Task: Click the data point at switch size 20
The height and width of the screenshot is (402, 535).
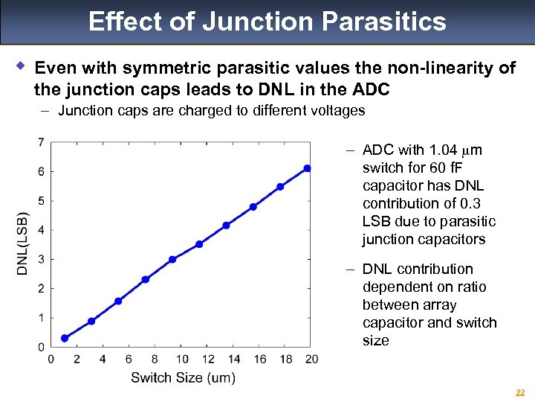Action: coord(307,168)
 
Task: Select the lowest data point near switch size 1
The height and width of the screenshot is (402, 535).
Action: coord(65,338)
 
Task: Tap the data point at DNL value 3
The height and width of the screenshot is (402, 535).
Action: coord(172,259)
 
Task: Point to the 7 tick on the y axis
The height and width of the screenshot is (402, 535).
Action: coord(40,141)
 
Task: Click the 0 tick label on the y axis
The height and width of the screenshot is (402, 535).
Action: coord(40,347)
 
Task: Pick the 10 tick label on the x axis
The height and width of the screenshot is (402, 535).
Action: coord(182,360)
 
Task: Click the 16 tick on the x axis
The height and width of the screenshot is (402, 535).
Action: coord(260,360)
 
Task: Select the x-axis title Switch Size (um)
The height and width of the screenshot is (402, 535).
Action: coord(183,377)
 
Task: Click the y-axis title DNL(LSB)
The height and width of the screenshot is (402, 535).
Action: coord(22,244)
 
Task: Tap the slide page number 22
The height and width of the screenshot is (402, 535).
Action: coord(520,392)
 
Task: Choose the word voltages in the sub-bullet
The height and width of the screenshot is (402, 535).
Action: coord(334,111)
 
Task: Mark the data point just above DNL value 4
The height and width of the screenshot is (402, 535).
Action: coord(226,225)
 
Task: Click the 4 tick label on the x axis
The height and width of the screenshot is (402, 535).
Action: coord(103,360)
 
